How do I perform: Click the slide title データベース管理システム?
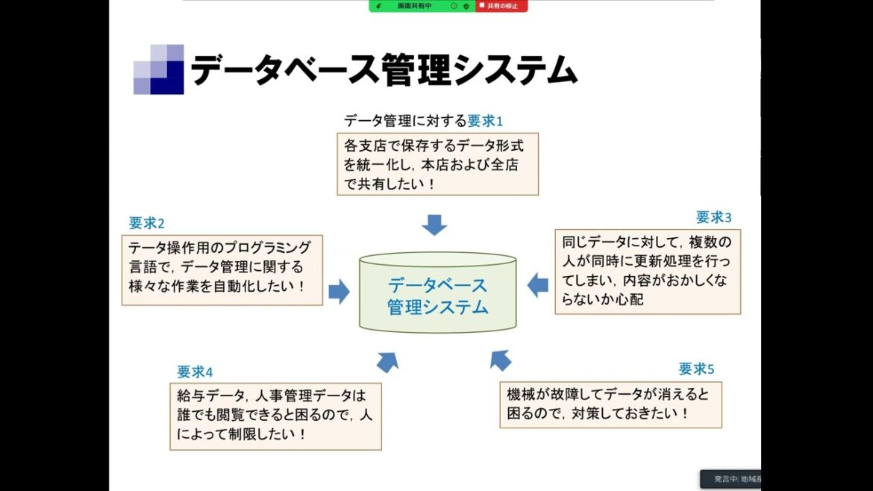click(384, 71)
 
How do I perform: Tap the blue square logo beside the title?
click(158, 69)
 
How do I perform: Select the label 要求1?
click(486, 120)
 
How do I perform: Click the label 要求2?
click(146, 222)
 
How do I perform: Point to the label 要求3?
click(714, 217)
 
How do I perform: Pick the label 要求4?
click(195, 372)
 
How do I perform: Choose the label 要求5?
click(696, 369)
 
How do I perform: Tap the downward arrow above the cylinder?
click(434, 224)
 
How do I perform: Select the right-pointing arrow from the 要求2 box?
click(339, 291)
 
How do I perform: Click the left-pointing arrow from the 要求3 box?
click(537, 284)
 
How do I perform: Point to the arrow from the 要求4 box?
click(387, 362)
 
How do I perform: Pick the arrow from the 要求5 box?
click(501, 360)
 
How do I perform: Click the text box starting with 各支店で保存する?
click(437, 164)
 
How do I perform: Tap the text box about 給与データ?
click(275, 416)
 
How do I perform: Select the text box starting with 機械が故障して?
click(610, 404)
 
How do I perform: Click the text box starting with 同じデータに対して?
click(648, 272)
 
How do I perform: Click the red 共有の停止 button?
click(502, 5)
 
